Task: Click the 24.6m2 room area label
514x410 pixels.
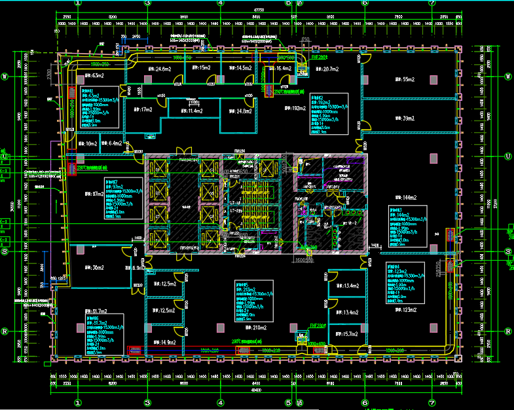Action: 159,69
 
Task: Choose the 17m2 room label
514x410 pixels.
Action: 143,109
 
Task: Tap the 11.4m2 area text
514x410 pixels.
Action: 191,111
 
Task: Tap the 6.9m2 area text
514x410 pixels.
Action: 138,267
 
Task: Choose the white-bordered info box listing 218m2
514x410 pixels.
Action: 253,301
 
